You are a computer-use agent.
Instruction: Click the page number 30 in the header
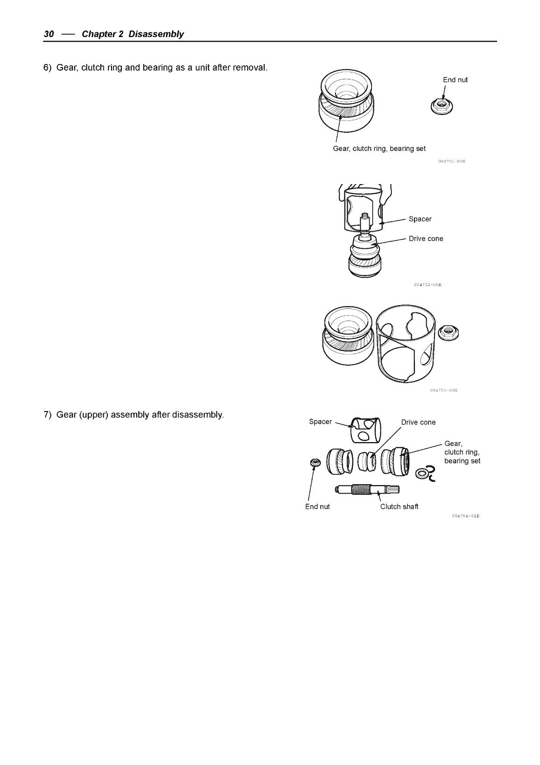(49, 34)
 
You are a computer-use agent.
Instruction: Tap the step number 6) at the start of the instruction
(48, 68)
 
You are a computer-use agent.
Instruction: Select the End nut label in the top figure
(455, 80)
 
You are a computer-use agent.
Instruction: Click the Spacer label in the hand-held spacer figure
(420, 219)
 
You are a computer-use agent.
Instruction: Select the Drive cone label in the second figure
(426, 239)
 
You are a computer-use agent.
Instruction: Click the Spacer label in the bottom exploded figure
(321, 422)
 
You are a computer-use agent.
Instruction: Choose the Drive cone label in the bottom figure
(418, 422)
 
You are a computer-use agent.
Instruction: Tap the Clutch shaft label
(399, 507)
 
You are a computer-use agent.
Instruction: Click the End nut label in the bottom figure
(317, 507)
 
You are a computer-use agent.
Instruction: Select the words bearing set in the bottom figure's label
(462, 461)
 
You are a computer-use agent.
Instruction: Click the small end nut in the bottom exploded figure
(315, 463)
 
